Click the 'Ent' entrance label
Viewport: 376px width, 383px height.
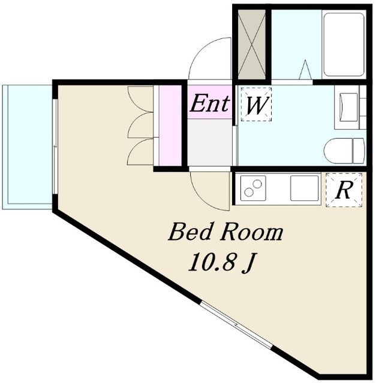(x=210, y=104)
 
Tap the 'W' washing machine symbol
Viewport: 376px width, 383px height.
(x=256, y=104)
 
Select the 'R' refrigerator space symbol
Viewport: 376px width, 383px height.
(x=344, y=190)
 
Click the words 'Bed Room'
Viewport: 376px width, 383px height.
(x=225, y=232)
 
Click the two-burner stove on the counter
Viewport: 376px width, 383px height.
(x=253, y=187)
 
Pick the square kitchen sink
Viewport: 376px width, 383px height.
(x=305, y=188)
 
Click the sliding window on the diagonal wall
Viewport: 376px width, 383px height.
(x=236, y=325)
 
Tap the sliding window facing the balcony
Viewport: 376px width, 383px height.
(x=55, y=147)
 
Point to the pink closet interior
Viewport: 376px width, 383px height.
(x=170, y=125)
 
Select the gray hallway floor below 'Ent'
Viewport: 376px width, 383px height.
(x=209, y=142)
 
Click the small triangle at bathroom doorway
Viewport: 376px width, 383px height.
(x=305, y=69)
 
